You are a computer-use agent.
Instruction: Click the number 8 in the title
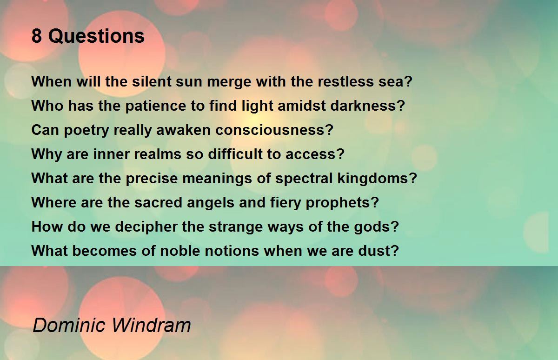[x=37, y=36]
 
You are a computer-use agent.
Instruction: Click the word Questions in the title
[x=96, y=36]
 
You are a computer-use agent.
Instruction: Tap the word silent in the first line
[x=152, y=81]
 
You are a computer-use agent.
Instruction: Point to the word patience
[x=156, y=106]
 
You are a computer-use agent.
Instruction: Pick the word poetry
[x=86, y=130]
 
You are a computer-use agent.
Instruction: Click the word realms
[x=158, y=154]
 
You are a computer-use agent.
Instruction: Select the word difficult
[x=235, y=154]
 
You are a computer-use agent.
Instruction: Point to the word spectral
[x=304, y=179]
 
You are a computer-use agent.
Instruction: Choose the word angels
[x=211, y=202]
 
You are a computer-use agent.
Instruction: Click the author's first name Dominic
[x=69, y=325]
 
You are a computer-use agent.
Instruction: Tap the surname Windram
[x=151, y=325]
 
